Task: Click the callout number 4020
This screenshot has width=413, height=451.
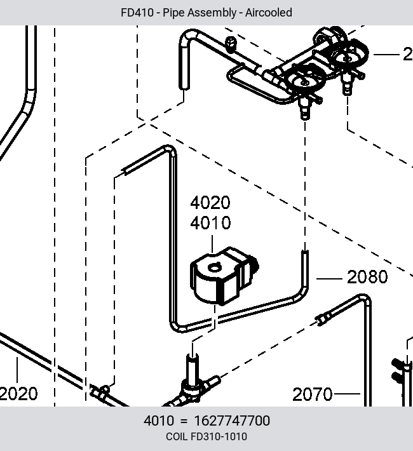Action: (210, 203)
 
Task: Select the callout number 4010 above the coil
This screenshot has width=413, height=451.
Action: (210, 223)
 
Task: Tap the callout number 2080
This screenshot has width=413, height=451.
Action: (367, 277)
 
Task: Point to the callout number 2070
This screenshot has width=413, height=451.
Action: (313, 394)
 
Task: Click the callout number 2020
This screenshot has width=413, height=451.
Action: (18, 394)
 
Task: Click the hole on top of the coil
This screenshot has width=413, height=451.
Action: (214, 268)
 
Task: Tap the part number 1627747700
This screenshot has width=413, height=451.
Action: (233, 421)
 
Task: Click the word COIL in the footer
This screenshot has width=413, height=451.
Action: (177, 436)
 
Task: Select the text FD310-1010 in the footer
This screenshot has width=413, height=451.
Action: (219, 436)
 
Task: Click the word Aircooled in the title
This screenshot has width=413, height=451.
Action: (269, 13)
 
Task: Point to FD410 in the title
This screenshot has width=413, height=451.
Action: (137, 13)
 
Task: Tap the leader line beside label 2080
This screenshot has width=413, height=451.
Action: (329, 279)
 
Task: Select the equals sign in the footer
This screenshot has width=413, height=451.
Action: (184, 421)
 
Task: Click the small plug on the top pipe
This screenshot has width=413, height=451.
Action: (230, 44)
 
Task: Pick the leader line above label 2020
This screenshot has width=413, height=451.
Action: (17, 370)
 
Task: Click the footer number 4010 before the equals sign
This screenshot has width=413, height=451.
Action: (159, 421)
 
